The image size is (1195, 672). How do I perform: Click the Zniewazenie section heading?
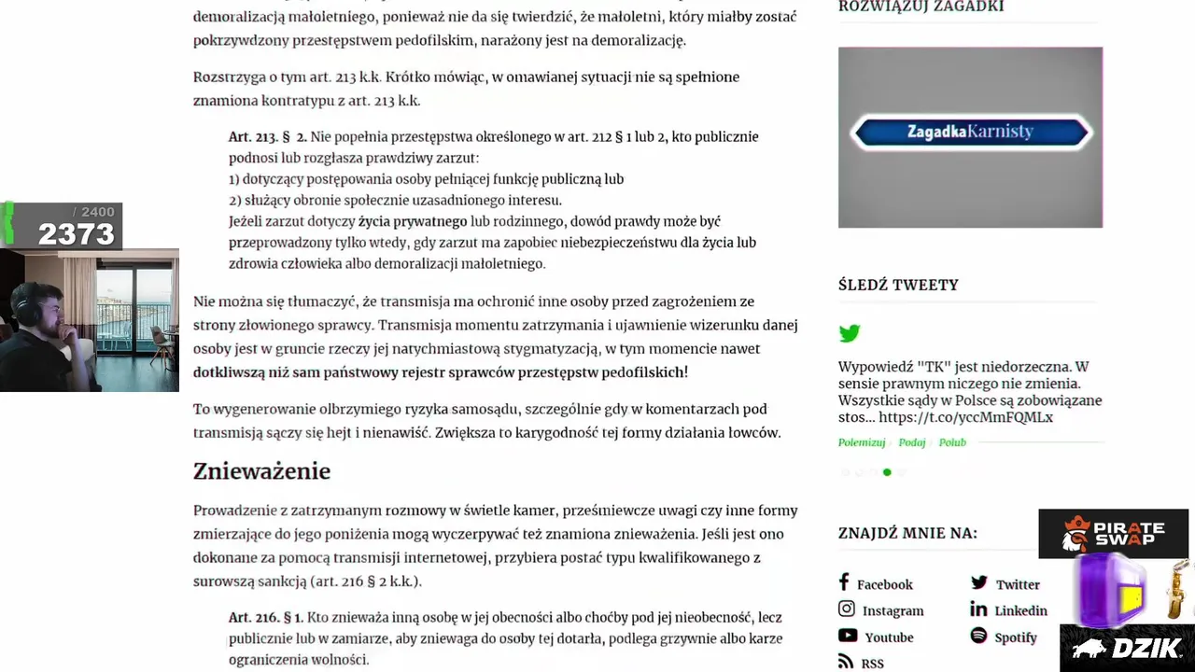click(x=261, y=471)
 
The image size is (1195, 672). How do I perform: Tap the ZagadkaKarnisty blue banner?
click(x=970, y=132)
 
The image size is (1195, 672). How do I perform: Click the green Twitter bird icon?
click(x=850, y=333)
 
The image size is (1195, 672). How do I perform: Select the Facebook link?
click(x=883, y=584)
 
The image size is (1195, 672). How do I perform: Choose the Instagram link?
click(x=892, y=610)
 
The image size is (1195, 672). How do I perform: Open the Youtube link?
click(x=888, y=637)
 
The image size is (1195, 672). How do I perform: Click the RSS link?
click(x=871, y=664)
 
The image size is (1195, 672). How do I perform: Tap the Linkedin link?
click(x=1019, y=610)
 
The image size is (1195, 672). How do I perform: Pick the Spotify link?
click(x=1015, y=637)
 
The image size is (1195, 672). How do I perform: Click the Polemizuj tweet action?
click(x=862, y=442)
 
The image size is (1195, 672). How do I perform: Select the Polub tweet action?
click(x=952, y=442)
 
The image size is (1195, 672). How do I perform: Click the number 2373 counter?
click(x=76, y=234)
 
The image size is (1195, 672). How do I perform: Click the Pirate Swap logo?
click(x=1113, y=531)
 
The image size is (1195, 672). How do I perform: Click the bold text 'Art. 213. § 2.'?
click(x=268, y=137)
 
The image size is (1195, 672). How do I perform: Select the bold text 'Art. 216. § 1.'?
click(x=266, y=618)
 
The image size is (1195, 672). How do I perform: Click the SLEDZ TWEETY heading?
click(x=898, y=285)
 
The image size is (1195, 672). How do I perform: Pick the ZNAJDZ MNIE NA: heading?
click(x=907, y=533)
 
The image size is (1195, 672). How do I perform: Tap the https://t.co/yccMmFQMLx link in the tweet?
click(x=965, y=417)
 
